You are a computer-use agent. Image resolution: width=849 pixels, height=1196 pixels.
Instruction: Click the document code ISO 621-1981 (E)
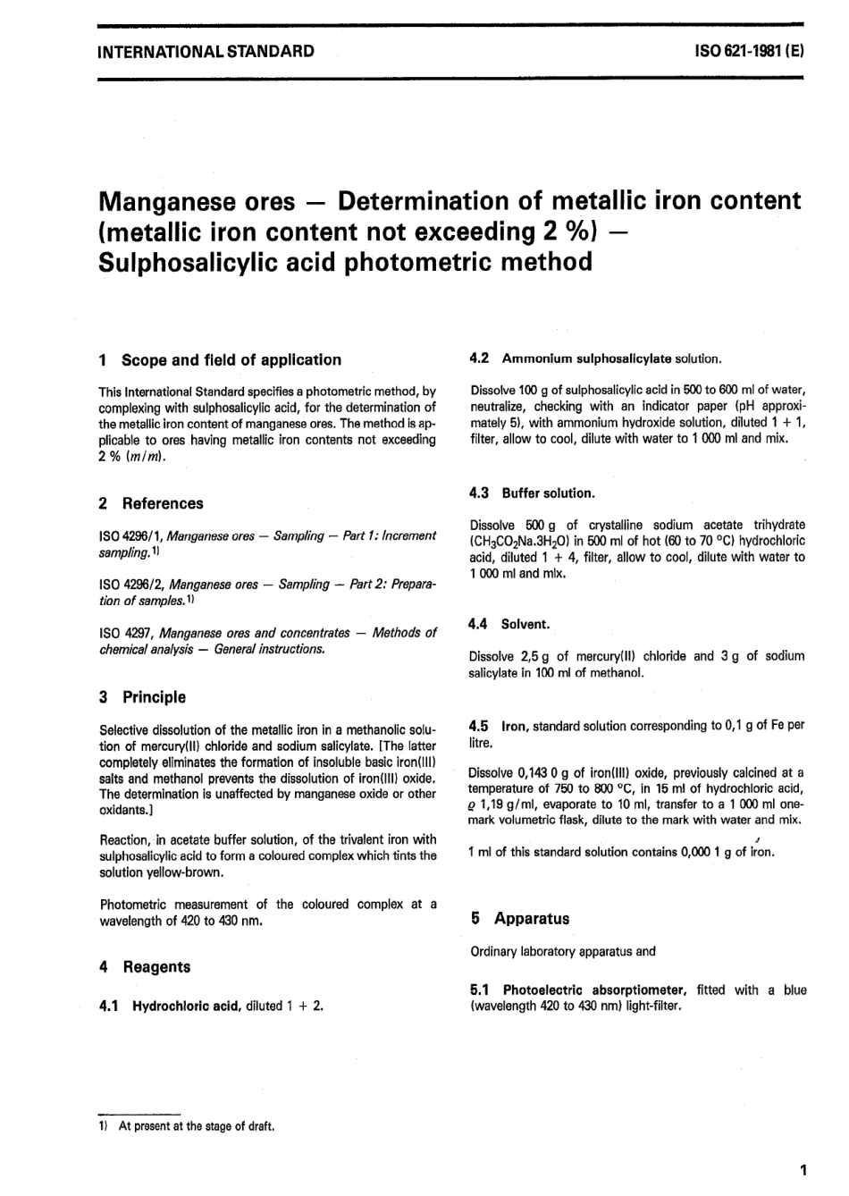coord(749,50)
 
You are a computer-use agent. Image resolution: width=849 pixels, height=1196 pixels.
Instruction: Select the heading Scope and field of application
coord(231,360)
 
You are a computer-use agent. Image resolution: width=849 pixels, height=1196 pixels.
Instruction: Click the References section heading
coord(163,503)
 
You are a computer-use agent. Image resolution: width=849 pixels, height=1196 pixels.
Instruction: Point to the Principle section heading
coord(154,697)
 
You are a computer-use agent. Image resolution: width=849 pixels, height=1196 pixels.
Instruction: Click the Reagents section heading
coord(156,966)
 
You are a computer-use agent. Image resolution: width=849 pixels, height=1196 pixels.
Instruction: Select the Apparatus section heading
coord(531,918)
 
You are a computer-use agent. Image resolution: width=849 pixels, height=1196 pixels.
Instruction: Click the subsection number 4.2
coord(479,358)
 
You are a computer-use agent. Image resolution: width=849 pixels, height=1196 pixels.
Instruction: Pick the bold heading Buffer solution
coord(548,493)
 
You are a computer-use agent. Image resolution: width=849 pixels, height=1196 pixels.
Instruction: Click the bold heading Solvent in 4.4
coord(525,624)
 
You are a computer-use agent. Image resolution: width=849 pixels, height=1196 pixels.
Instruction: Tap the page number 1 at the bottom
coord(803,1169)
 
